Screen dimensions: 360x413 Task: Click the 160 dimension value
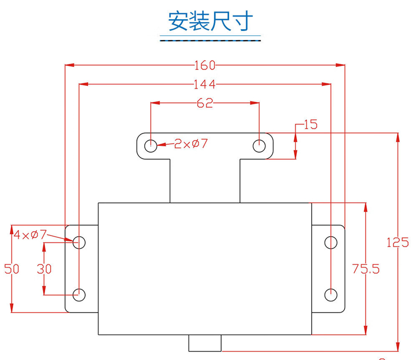tap(204, 66)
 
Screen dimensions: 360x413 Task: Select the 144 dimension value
tap(204, 85)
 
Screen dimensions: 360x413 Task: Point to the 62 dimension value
tap(204, 103)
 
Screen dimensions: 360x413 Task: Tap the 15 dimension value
tap(311, 124)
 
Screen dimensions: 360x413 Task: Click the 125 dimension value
tap(398, 242)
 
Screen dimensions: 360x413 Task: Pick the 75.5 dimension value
tap(366, 269)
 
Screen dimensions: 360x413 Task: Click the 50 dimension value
tap(12, 269)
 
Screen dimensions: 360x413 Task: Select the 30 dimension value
tap(44, 269)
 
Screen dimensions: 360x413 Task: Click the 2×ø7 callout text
tap(191, 144)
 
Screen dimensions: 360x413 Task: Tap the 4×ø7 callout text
tap(30, 235)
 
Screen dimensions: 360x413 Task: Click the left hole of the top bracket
tap(150, 146)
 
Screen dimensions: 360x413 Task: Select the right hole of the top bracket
tap(258, 146)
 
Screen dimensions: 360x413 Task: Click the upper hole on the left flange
tap(79, 242)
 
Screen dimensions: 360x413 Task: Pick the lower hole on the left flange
tap(79, 294)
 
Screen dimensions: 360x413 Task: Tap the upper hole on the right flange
tap(330, 242)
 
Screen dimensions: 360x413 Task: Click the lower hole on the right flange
tap(330, 294)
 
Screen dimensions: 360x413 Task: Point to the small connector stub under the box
tap(205, 342)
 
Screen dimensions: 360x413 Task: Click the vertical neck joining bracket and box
tap(205, 179)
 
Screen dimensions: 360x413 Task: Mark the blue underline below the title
tap(211, 39)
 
